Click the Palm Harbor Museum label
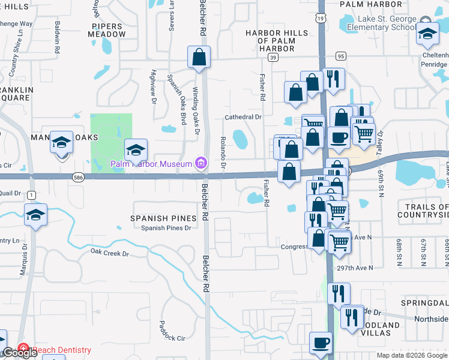[151, 164]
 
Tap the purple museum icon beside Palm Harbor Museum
[200, 163]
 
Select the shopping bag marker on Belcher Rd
[199, 58]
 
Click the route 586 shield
[78, 178]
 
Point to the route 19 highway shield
[322, 19]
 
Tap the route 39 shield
[273, 58]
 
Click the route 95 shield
[341, 56]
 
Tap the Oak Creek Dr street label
[109, 254]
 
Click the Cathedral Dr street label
[243, 118]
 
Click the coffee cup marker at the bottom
[321, 343]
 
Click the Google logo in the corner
[20, 353]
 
